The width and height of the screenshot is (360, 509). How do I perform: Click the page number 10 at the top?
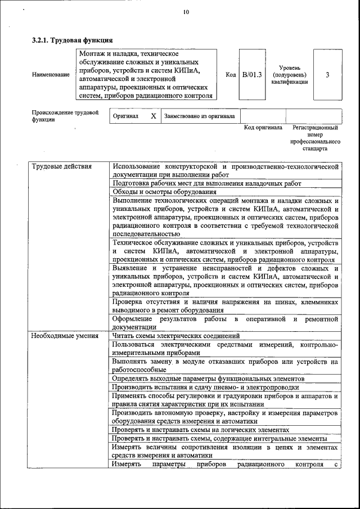186,12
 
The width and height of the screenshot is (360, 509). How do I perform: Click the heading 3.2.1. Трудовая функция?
72,40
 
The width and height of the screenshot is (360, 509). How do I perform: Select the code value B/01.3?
251,75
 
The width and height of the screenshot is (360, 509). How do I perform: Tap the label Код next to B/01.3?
230,75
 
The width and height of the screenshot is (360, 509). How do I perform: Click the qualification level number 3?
327,75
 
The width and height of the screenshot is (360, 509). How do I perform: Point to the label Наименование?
51,75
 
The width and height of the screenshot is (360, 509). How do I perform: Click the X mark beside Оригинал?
153,116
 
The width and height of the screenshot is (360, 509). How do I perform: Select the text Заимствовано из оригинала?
199,116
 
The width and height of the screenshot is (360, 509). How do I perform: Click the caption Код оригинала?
263,128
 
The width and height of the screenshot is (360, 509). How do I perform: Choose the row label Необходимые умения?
65,336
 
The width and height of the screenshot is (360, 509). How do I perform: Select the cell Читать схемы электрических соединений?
168,336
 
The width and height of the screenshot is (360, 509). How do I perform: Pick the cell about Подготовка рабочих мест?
206,183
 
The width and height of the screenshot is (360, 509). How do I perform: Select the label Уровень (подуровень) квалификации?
289,75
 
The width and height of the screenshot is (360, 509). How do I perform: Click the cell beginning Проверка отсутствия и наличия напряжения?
225,306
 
